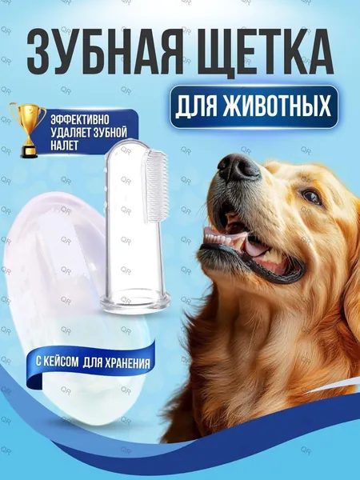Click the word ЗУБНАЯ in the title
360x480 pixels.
tap(102, 51)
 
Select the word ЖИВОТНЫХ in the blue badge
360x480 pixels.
tap(277, 106)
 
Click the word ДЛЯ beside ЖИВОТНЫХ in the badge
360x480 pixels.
tap(196, 107)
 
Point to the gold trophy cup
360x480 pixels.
tap(27, 130)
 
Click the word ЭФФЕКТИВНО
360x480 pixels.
tap(80, 120)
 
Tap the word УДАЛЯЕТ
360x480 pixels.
tap(69, 133)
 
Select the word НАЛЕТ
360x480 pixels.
tap(64, 146)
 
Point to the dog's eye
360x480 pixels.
tap(311, 195)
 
